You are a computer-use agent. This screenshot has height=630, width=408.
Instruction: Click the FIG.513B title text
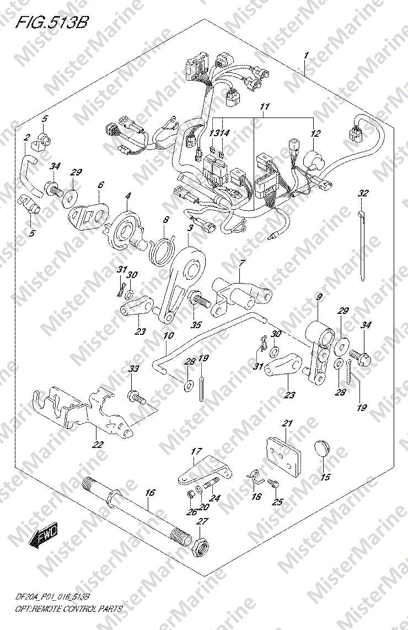[51, 23]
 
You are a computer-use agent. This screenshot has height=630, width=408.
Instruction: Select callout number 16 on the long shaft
[149, 493]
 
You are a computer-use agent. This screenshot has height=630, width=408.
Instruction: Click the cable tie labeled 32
[362, 244]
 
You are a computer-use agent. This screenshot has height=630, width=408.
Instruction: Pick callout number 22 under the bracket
[98, 445]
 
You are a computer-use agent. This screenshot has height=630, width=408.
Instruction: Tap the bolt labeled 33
[137, 397]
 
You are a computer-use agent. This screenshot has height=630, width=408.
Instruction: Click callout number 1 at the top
[307, 56]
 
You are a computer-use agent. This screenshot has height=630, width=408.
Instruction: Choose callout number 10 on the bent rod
[169, 335]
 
